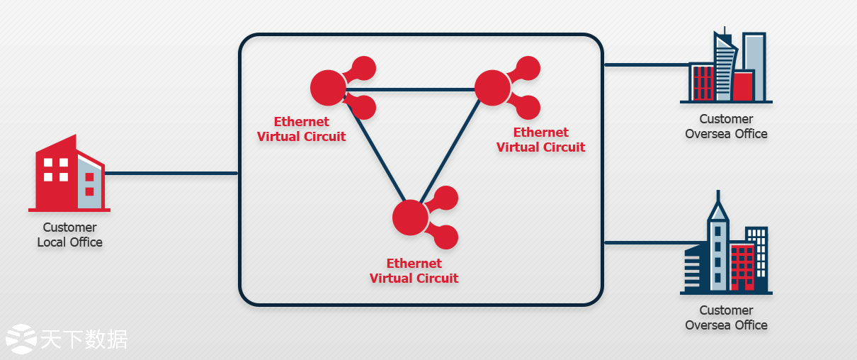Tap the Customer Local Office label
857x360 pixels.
click(69, 235)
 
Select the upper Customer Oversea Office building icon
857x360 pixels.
click(727, 68)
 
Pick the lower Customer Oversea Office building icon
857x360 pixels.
click(727, 248)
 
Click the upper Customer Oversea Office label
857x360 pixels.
click(726, 126)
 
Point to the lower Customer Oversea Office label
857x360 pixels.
click(726, 317)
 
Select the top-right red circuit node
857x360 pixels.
click(493, 88)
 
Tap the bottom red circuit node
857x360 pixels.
click(411, 218)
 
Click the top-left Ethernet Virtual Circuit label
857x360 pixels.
click(302, 129)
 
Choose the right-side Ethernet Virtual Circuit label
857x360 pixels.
click(541, 140)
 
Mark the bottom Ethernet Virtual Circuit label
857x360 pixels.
click(414, 271)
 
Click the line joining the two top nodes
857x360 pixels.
click(411, 89)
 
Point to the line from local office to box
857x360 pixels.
click(170, 173)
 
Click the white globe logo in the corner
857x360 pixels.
click(21, 339)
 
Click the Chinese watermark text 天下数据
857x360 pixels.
click(84, 339)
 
